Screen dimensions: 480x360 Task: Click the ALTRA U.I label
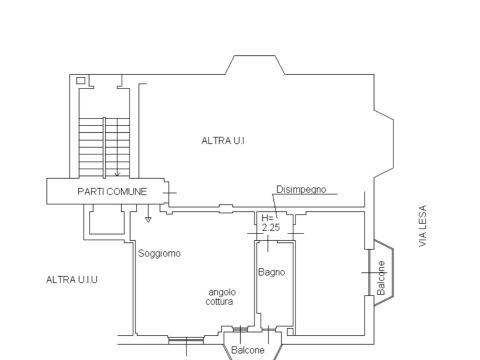pyautogui.click(x=223, y=141)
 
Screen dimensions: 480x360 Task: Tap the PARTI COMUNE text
pyautogui.click(x=112, y=192)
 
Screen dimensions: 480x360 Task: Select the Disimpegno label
pyautogui.click(x=301, y=189)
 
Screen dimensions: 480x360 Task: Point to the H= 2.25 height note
pyautogui.click(x=270, y=223)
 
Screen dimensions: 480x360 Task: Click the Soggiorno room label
pyautogui.click(x=159, y=253)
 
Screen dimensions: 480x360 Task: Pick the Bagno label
pyautogui.click(x=271, y=272)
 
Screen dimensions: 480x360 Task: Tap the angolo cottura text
pyautogui.click(x=221, y=297)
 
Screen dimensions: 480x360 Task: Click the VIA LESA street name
pyautogui.click(x=422, y=226)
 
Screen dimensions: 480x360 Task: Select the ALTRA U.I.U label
pyautogui.click(x=72, y=279)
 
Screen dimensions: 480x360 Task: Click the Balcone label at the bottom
pyautogui.click(x=248, y=350)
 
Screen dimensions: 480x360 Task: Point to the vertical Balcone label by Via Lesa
pyautogui.click(x=381, y=278)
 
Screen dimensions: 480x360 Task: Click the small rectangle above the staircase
pyautogui.click(x=81, y=80)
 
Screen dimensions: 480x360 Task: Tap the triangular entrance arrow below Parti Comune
pyautogui.click(x=148, y=219)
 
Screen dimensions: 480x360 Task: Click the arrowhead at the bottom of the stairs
pyautogui.click(x=117, y=174)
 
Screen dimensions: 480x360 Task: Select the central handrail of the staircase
pyautogui.click(x=104, y=148)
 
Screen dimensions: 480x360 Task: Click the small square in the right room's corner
pyautogui.click(x=291, y=332)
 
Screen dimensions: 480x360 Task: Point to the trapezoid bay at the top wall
pyautogui.click(x=255, y=65)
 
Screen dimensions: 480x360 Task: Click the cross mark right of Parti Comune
pyautogui.click(x=170, y=193)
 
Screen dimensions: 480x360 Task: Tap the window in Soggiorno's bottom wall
pyautogui.click(x=186, y=340)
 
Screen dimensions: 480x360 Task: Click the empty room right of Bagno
pyautogui.click(x=330, y=273)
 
